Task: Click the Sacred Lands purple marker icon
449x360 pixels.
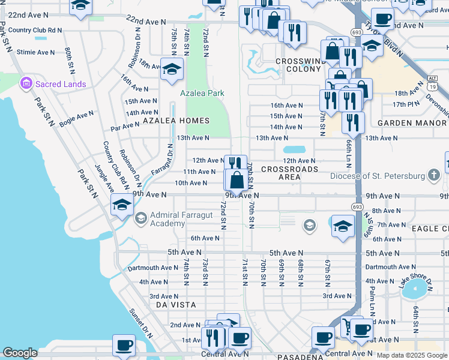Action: (26, 84)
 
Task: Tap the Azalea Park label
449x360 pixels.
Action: (202, 94)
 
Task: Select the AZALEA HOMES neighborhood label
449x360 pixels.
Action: (166, 121)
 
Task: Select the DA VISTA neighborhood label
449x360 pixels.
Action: (176, 305)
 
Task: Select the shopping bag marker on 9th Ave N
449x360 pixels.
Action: (237, 179)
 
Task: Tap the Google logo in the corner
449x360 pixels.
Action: (20, 353)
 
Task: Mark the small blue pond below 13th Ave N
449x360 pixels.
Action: (294, 149)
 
